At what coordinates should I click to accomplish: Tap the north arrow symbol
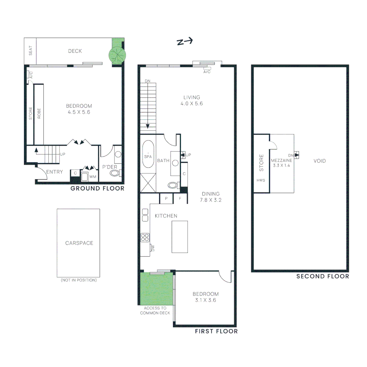185,42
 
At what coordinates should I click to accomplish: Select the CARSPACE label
79,243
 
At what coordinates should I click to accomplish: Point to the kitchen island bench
179,236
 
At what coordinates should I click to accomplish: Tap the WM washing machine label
92,177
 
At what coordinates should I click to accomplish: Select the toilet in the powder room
115,174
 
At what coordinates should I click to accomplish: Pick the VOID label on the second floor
320,161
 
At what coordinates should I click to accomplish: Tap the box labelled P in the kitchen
167,198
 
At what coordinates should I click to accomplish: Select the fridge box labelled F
180,198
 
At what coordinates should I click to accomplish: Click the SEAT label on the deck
30,51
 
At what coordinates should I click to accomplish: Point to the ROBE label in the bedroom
39,113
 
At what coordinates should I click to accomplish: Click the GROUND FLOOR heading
97,188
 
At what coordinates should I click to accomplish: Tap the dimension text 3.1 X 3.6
205,300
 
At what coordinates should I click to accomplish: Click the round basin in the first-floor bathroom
175,163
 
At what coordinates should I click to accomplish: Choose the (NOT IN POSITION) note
78,280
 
